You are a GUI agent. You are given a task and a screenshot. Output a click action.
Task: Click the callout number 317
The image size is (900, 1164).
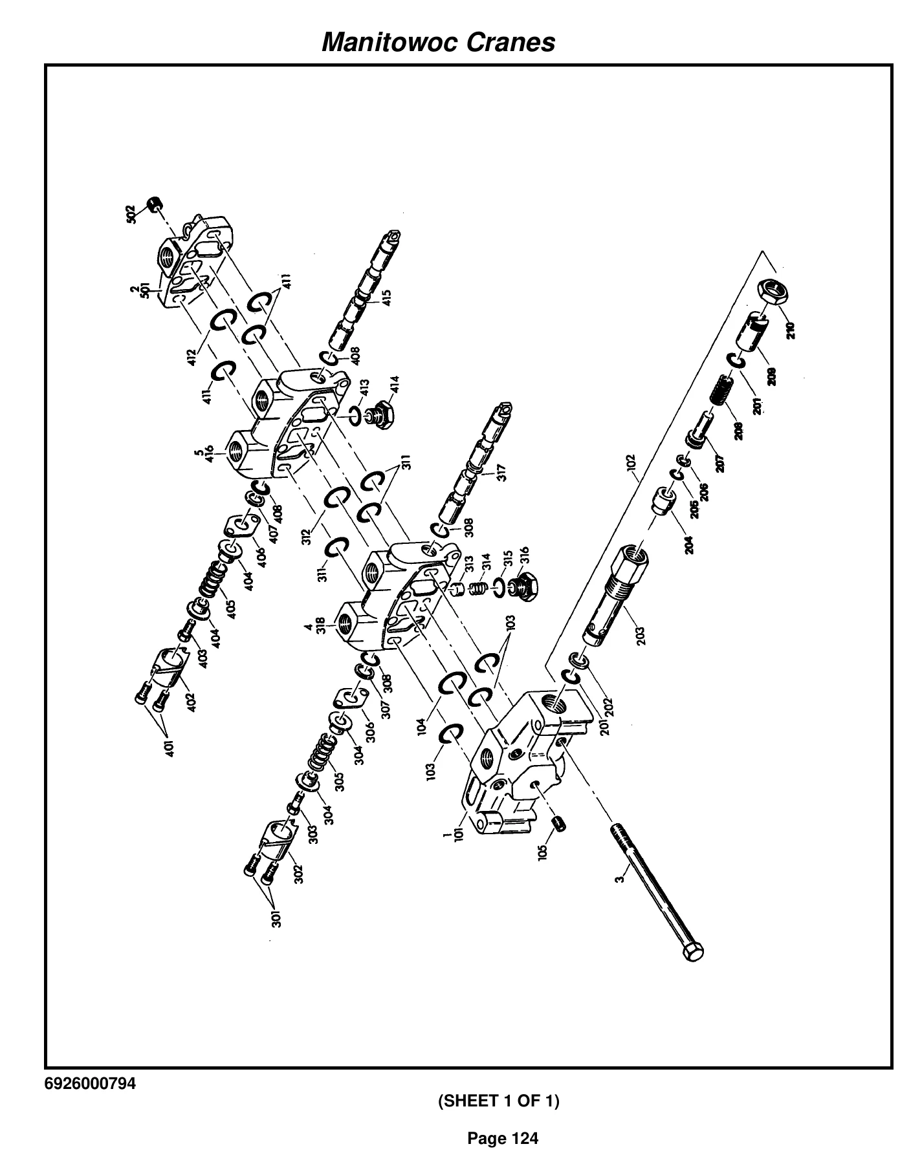[x=501, y=473]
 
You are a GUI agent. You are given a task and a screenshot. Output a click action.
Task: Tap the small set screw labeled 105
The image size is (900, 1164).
[x=558, y=825]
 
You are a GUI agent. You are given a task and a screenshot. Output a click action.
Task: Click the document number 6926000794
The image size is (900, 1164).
[x=91, y=1084]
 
